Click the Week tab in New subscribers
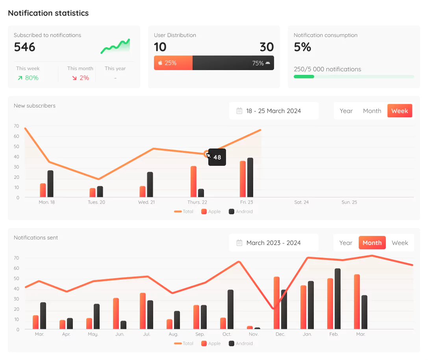400,111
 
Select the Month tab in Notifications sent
372,243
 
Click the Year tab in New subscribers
346,111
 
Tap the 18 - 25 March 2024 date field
274,111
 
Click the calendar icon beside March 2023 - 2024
239,243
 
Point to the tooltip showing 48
217,157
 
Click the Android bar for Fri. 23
250,178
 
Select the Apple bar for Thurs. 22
193,182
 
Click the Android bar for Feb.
337,299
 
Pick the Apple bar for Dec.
276,302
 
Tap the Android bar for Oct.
230,309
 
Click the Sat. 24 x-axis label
301,202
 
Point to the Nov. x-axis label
254,334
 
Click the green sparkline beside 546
115,46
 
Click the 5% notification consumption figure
302,47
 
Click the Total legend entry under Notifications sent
184,343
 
